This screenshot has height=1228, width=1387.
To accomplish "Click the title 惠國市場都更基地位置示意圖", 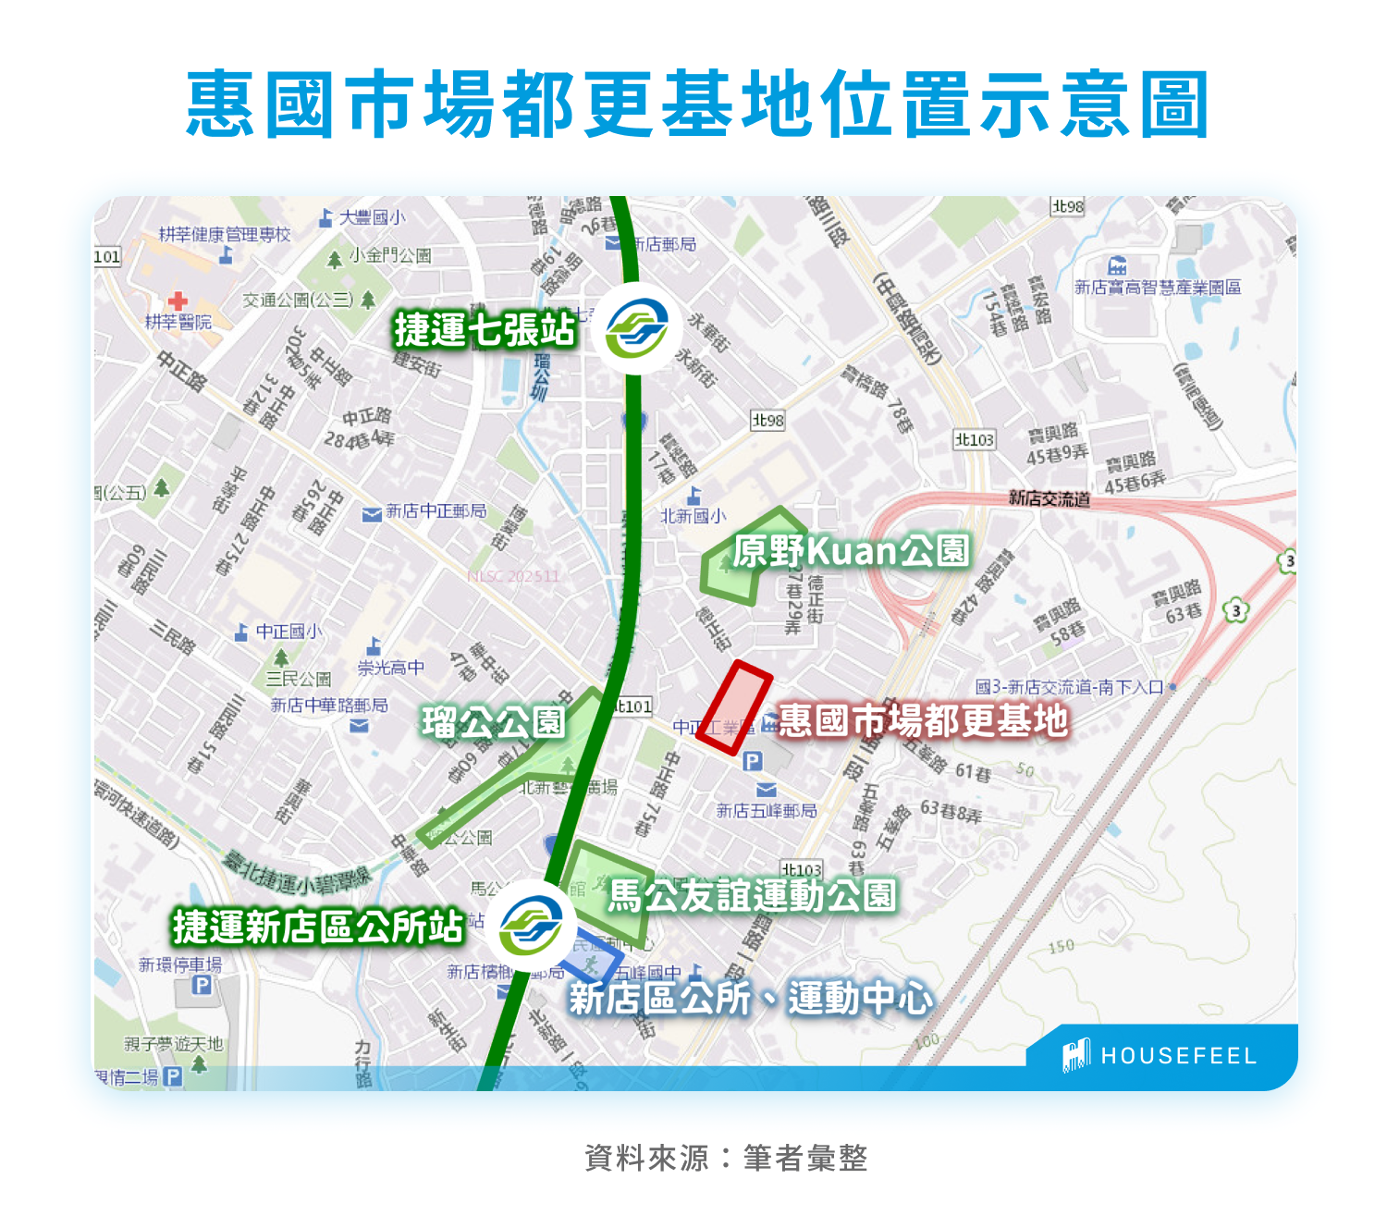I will (698, 104).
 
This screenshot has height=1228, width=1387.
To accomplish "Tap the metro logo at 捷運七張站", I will (636, 329).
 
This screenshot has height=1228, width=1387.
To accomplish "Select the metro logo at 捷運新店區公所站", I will (531, 926).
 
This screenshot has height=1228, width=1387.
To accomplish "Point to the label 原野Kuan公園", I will (851, 551).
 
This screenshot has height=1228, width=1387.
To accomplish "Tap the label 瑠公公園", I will (493, 722).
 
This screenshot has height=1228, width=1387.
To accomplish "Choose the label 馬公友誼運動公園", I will (753, 895).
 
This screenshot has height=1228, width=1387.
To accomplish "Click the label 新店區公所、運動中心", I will (751, 999).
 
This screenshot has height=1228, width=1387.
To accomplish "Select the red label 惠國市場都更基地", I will (923, 720).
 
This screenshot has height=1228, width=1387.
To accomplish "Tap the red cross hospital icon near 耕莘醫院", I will (178, 301).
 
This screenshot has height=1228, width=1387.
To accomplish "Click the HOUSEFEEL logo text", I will (1177, 1056).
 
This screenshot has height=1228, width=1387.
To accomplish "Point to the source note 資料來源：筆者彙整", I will (726, 1158).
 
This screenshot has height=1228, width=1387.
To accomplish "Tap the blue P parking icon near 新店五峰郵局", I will (753, 761).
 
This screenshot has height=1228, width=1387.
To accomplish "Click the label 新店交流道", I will (1049, 499).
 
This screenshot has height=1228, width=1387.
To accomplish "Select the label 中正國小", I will (288, 632).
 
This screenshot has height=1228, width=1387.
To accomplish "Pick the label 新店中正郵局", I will (436, 511).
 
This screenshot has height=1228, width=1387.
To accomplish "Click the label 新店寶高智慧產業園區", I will (1158, 288).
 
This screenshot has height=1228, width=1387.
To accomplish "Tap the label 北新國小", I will (693, 516).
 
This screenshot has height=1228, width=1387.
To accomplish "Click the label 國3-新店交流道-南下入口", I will (1069, 687).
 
